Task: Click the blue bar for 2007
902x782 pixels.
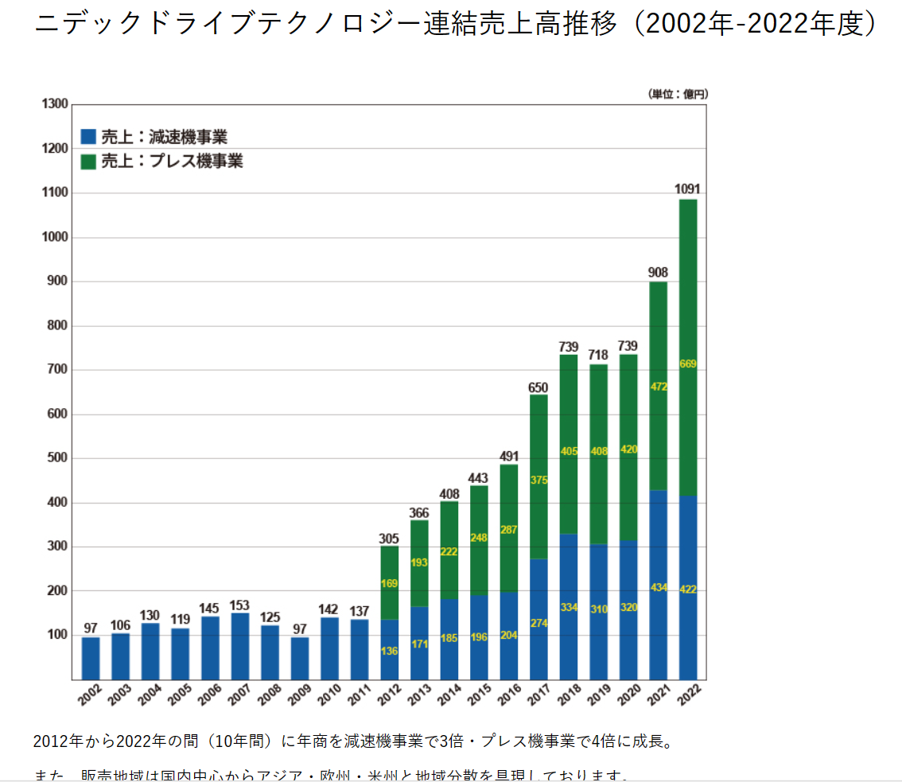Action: pyautogui.click(x=240, y=646)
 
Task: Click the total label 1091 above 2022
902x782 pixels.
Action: pyautogui.click(x=688, y=189)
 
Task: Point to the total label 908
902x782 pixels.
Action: pyautogui.click(x=658, y=272)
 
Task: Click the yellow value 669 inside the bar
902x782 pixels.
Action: pyautogui.click(x=688, y=364)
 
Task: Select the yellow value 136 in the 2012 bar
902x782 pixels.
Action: pyautogui.click(x=389, y=651)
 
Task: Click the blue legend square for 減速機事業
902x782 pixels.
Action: pyautogui.click(x=88, y=136)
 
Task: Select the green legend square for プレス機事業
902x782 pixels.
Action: pyautogui.click(x=88, y=161)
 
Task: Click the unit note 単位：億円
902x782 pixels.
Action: pyautogui.click(x=678, y=94)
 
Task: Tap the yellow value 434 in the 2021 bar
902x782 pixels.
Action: pyautogui.click(x=658, y=588)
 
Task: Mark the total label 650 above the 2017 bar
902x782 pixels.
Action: pyautogui.click(x=538, y=387)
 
